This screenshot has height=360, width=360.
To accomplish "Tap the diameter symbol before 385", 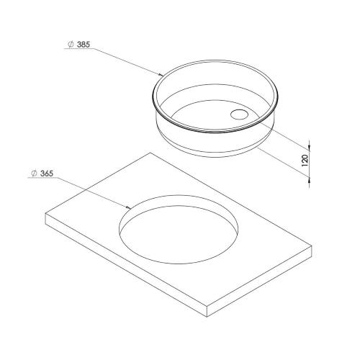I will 70,44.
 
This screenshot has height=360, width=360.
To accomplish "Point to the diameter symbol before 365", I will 35,174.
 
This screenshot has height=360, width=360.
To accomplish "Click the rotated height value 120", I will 305,160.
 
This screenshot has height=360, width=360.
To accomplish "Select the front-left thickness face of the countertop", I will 122,266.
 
